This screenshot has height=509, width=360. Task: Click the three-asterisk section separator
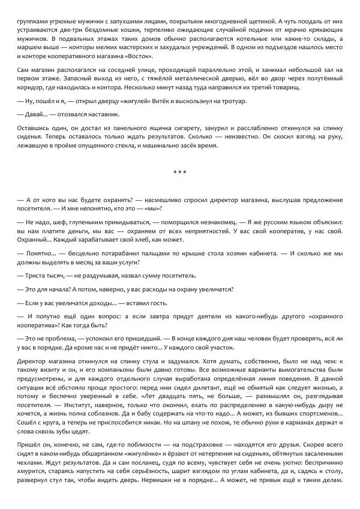click(179, 174)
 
